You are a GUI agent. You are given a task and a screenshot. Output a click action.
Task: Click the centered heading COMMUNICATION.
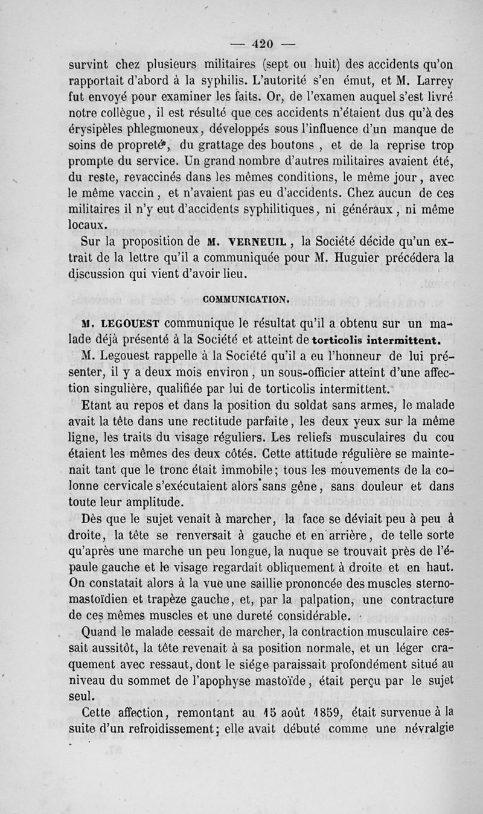pyautogui.click(x=246, y=299)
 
